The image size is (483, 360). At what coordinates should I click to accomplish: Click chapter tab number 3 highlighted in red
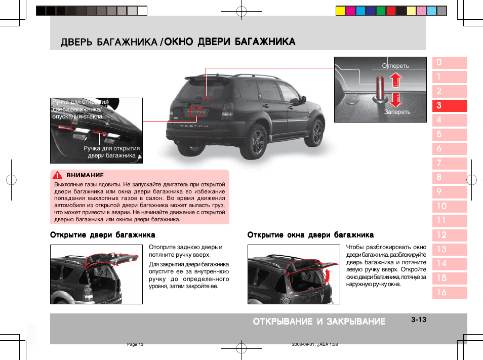[449, 106]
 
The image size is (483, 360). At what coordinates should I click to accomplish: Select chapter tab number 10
[449, 206]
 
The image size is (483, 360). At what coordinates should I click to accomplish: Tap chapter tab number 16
[449, 292]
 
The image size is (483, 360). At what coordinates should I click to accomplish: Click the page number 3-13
[419, 319]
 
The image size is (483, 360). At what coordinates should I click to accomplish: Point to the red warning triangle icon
[59, 175]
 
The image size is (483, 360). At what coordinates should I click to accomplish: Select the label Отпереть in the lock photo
[395, 66]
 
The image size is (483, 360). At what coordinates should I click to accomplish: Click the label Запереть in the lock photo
[397, 112]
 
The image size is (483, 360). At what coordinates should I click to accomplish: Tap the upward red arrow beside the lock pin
[396, 80]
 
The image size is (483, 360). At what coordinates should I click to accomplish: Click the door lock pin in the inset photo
[380, 86]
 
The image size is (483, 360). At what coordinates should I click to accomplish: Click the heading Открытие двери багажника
[102, 235]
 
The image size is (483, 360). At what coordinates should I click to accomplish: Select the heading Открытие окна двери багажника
[310, 235]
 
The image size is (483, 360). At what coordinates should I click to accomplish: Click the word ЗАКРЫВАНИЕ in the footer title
[355, 322]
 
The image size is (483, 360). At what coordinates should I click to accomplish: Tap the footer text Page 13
[135, 344]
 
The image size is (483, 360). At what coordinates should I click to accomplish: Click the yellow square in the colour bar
[341, 11]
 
